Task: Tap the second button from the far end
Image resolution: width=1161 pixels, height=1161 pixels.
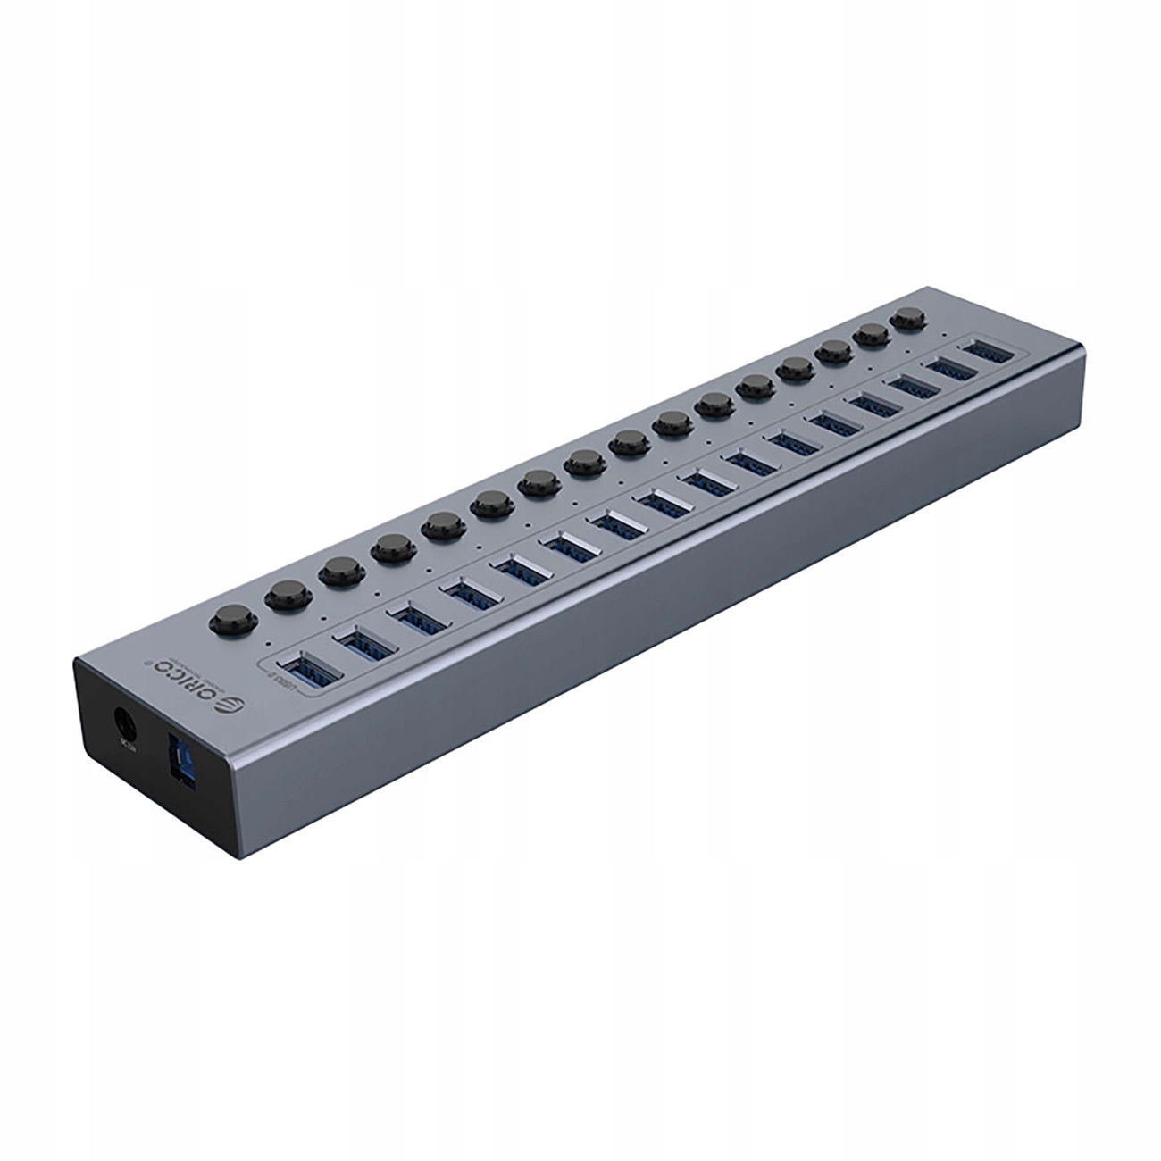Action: (872, 336)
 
